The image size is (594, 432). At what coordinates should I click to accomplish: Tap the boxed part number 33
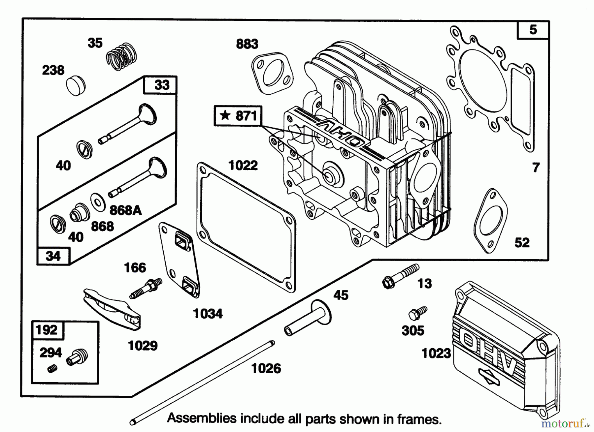coord(161,85)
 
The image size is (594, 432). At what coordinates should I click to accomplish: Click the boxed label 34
coord(53,256)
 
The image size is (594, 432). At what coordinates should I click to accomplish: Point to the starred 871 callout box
coord(238,116)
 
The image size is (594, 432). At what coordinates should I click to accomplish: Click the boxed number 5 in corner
coord(533,30)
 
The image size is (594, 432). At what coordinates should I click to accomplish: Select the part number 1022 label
coord(243,165)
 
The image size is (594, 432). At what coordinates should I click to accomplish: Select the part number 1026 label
coord(266,368)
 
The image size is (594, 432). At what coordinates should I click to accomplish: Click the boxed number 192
coord(47,330)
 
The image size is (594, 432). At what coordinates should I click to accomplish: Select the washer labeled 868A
coord(98,201)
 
